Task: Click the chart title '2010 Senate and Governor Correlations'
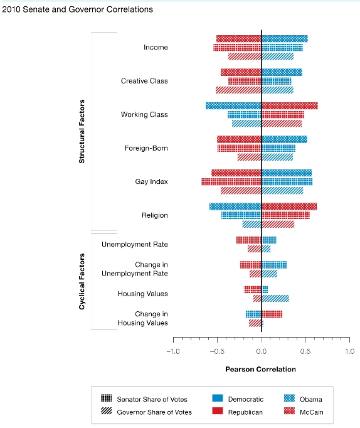point(77,9)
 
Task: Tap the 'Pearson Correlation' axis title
point(260,369)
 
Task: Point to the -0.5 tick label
point(217,351)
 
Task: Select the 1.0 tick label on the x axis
point(349,351)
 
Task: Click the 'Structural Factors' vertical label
point(82,131)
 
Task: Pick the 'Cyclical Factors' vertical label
point(82,281)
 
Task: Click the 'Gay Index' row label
point(151,181)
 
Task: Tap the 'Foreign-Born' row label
point(146,148)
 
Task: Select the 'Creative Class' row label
point(144,81)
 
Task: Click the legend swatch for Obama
point(289,398)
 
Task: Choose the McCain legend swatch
point(289,411)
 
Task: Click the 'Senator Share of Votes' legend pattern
point(107,398)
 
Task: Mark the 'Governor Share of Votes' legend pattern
point(107,411)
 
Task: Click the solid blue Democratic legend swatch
point(218,398)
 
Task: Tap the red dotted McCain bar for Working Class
point(290,106)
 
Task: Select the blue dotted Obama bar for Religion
point(235,206)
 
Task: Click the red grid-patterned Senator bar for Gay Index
point(231,182)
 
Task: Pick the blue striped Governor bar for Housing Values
point(275,298)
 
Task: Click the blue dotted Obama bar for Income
point(285,39)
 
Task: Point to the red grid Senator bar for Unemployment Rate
point(249,240)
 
